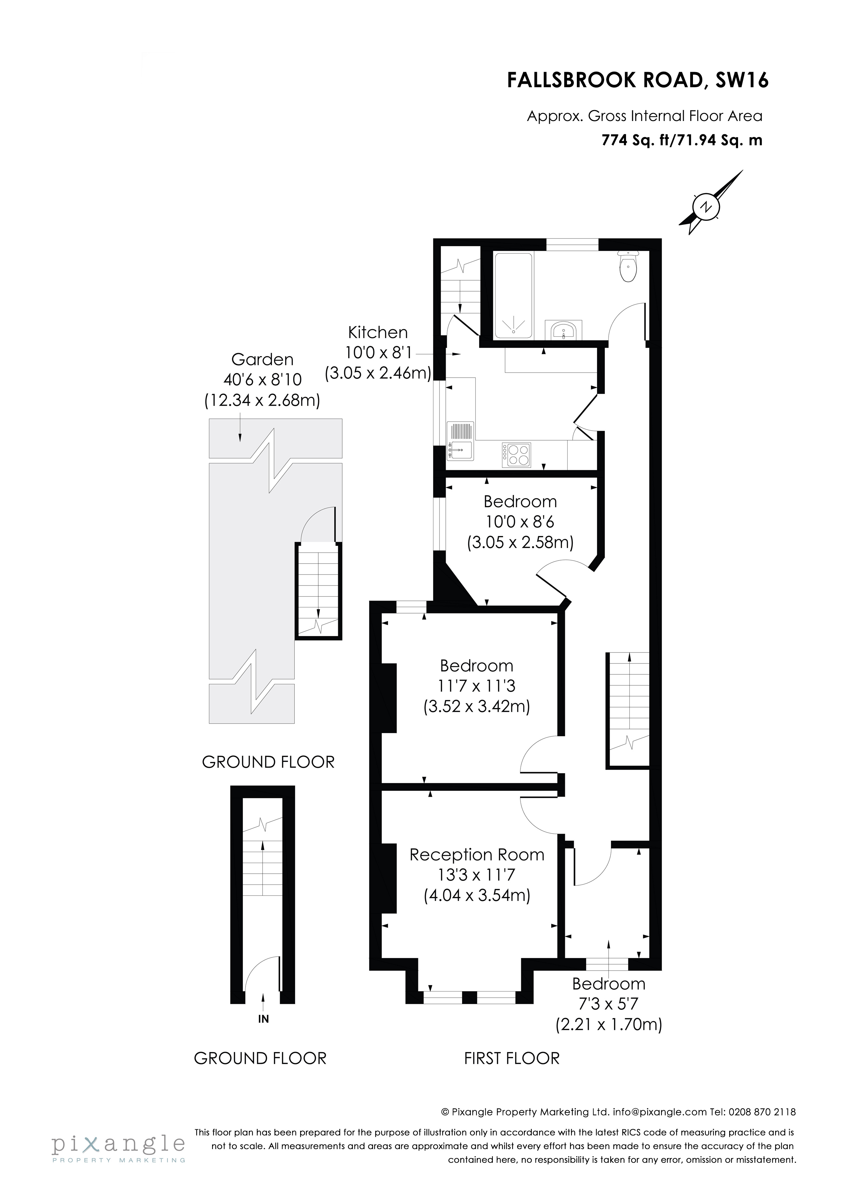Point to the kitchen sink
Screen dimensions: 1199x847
(461, 450)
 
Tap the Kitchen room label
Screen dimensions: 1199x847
(378, 333)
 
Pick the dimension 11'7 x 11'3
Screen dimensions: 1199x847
(476, 686)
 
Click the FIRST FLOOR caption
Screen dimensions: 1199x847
(511, 1059)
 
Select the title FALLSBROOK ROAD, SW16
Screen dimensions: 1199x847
(638, 80)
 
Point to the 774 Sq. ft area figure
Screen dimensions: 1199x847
(636, 140)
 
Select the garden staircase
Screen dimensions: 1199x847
(318, 590)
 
